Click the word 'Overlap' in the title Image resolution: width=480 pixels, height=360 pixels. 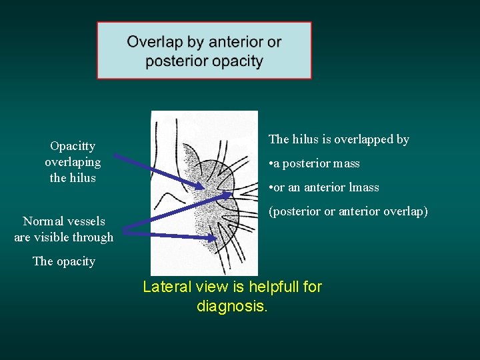[x=155, y=43]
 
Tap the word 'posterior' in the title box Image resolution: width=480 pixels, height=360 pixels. [x=175, y=61]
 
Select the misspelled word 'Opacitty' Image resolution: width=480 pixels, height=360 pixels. [x=73, y=146]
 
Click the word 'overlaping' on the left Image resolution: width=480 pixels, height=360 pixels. [x=73, y=162]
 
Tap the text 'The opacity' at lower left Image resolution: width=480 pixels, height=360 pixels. [x=64, y=261]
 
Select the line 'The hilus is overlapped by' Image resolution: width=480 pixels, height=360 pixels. [x=339, y=139]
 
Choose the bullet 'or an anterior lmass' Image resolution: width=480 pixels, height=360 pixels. [x=325, y=187]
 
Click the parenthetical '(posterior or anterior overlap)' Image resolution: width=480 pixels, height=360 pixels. [x=348, y=211]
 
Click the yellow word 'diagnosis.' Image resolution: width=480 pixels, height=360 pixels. [x=232, y=307]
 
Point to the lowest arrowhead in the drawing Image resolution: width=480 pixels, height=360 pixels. [x=215, y=237]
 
